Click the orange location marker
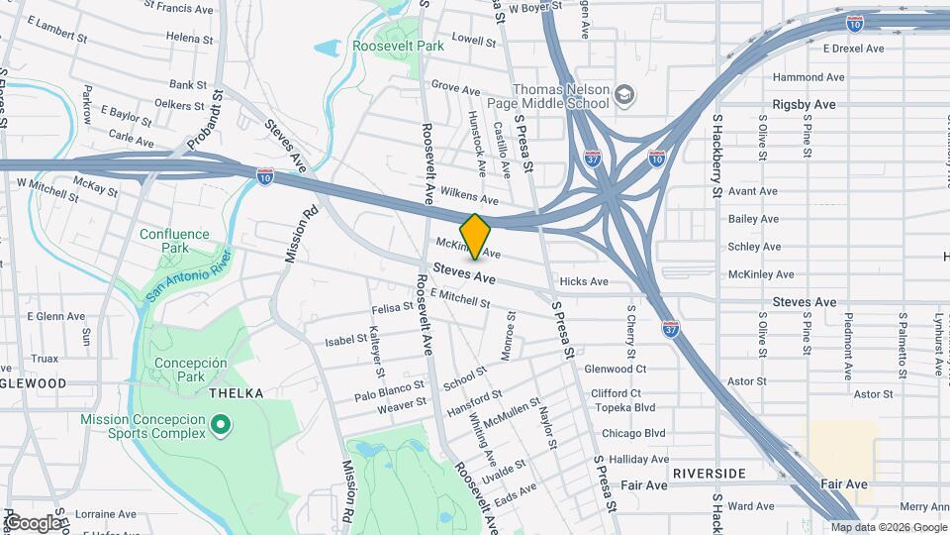(475, 236)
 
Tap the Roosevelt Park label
(398, 46)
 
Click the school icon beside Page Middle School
(624, 95)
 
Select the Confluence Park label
(174, 242)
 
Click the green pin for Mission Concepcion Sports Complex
(222, 426)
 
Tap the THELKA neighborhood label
(237, 393)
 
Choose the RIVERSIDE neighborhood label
(709, 474)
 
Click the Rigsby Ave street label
(805, 104)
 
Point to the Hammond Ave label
(808, 76)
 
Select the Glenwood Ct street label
(616, 369)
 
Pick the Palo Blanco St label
(389, 391)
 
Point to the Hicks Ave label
(584, 281)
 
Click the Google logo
(33, 522)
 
